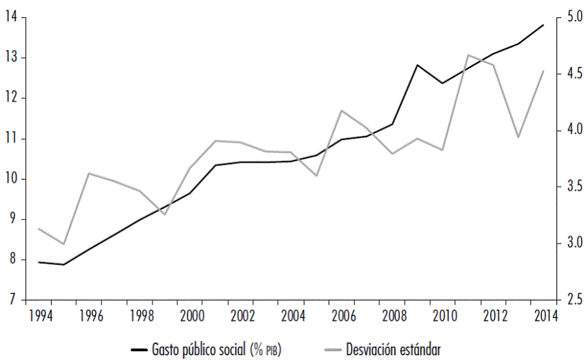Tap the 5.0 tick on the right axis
tap(574, 17)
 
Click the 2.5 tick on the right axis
tap(574, 300)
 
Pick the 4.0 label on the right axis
tap(574, 130)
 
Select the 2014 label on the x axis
tap(545, 315)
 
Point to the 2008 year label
tap(393, 315)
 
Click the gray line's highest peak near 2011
tap(468, 54)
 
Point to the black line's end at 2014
tap(543, 25)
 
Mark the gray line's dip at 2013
tap(518, 137)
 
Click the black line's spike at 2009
tap(417, 65)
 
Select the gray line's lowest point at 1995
tap(64, 244)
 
